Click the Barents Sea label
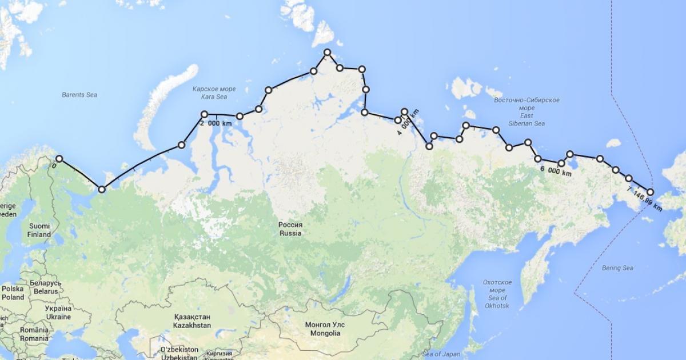coord(79,94)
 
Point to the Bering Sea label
coord(617,267)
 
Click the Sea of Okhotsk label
coord(497,290)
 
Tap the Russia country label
coord(290,229)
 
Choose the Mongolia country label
coord(324,329)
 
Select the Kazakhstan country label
coord(192,321)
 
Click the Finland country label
coord(39,230)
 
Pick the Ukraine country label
coord(58,313)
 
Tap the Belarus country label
coord(45,287)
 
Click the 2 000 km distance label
coord(216,122)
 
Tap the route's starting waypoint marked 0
coord(59,159)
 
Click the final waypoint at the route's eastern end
coord(651,192)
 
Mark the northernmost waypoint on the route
coord(328,53)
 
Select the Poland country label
coord(13,293)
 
